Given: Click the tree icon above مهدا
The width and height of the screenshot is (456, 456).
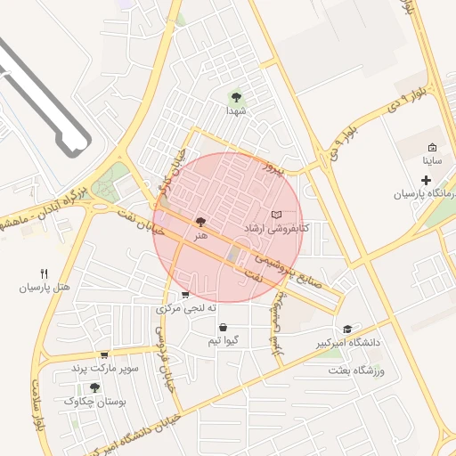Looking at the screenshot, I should tap(236, 97).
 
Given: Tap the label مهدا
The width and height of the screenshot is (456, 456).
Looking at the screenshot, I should tap(236, 111).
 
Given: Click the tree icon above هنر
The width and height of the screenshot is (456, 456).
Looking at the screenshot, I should tap(199, 221).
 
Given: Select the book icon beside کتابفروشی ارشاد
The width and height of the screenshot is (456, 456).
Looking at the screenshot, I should tap(276, 215).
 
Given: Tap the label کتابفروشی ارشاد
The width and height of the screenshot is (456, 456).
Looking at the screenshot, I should tap(277, 229).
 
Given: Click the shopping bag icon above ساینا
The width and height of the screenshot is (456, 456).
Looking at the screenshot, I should tap(432, 148).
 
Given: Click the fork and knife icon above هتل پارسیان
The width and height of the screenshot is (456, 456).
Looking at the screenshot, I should tap(45, 273).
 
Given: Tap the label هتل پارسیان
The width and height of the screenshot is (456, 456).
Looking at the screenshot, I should tap(44, 288).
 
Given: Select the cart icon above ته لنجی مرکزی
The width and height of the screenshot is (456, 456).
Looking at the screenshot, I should tap(184, 295).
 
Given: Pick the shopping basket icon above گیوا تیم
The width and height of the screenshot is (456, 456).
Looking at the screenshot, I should tap(222, 327).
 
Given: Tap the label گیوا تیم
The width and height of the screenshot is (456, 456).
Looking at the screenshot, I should tap(222, 341).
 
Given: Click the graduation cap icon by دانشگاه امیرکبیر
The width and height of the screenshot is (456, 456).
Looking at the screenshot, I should tap(346, 329).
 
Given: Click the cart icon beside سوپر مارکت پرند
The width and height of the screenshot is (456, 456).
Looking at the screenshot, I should tap(104, 354).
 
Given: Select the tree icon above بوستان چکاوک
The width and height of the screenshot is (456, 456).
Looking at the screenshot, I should tap(95, 387).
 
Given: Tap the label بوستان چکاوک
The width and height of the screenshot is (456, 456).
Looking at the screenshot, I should tap(95, 402).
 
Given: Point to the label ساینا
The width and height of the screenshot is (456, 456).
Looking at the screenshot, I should tap(431, 162).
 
